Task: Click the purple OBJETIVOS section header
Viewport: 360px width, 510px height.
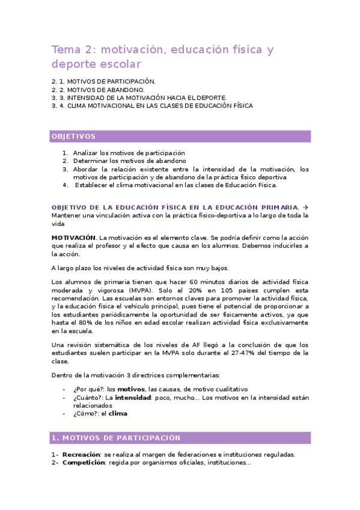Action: (x=73, y=137)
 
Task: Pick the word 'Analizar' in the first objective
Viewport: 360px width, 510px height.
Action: (x=86, y=153)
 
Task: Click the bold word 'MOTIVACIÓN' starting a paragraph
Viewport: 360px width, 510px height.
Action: (x=73, y=238)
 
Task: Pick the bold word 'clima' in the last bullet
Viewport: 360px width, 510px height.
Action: (x=118, y=413)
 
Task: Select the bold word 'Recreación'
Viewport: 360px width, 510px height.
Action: (x=82, y=455)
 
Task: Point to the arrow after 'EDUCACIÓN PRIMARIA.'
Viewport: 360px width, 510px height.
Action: (x=304, y=206)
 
